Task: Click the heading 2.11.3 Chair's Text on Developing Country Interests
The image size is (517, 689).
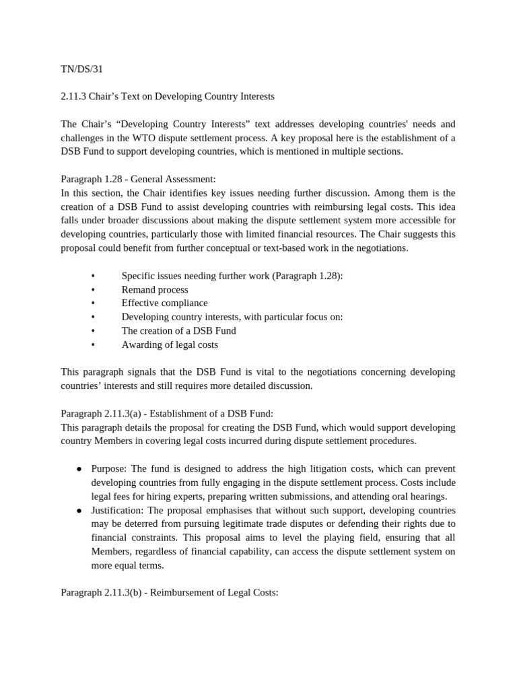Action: click(x=168, y=96)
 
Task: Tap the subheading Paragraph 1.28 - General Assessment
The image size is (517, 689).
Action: click(x=138, y=179)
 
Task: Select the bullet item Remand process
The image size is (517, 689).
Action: click(x=155, y=289)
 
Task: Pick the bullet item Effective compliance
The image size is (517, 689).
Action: click(x=164, y=303)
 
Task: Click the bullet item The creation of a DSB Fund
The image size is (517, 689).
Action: click(x=178, y=330)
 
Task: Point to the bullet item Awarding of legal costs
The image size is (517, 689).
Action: click(x=170, y=344)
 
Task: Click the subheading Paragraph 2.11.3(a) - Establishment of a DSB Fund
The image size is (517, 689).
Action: click(x=167, y=413)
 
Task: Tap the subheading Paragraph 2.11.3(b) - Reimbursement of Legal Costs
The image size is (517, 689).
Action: click(x=169, y=593)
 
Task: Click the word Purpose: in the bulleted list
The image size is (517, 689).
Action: click(x=110, y=468)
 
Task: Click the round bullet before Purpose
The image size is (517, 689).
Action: click(x=79, y=468)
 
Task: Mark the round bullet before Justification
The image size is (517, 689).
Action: click(x=79, y=510)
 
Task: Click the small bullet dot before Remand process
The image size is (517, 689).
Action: click(x=92, y=289)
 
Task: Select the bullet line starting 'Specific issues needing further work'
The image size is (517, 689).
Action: click(x=232, y=276)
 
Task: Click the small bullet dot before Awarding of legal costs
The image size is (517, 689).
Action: click(x=92, y=344)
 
